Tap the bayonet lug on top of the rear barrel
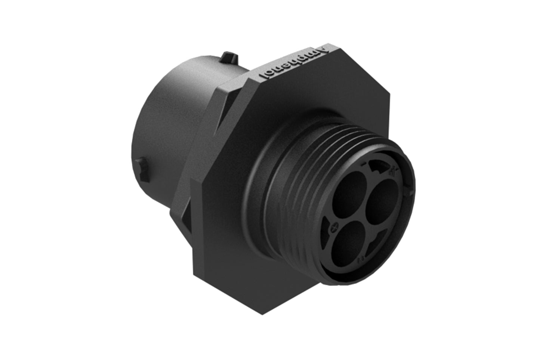[229, 58]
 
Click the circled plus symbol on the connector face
[334, 226]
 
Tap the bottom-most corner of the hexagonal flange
[263, 313]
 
